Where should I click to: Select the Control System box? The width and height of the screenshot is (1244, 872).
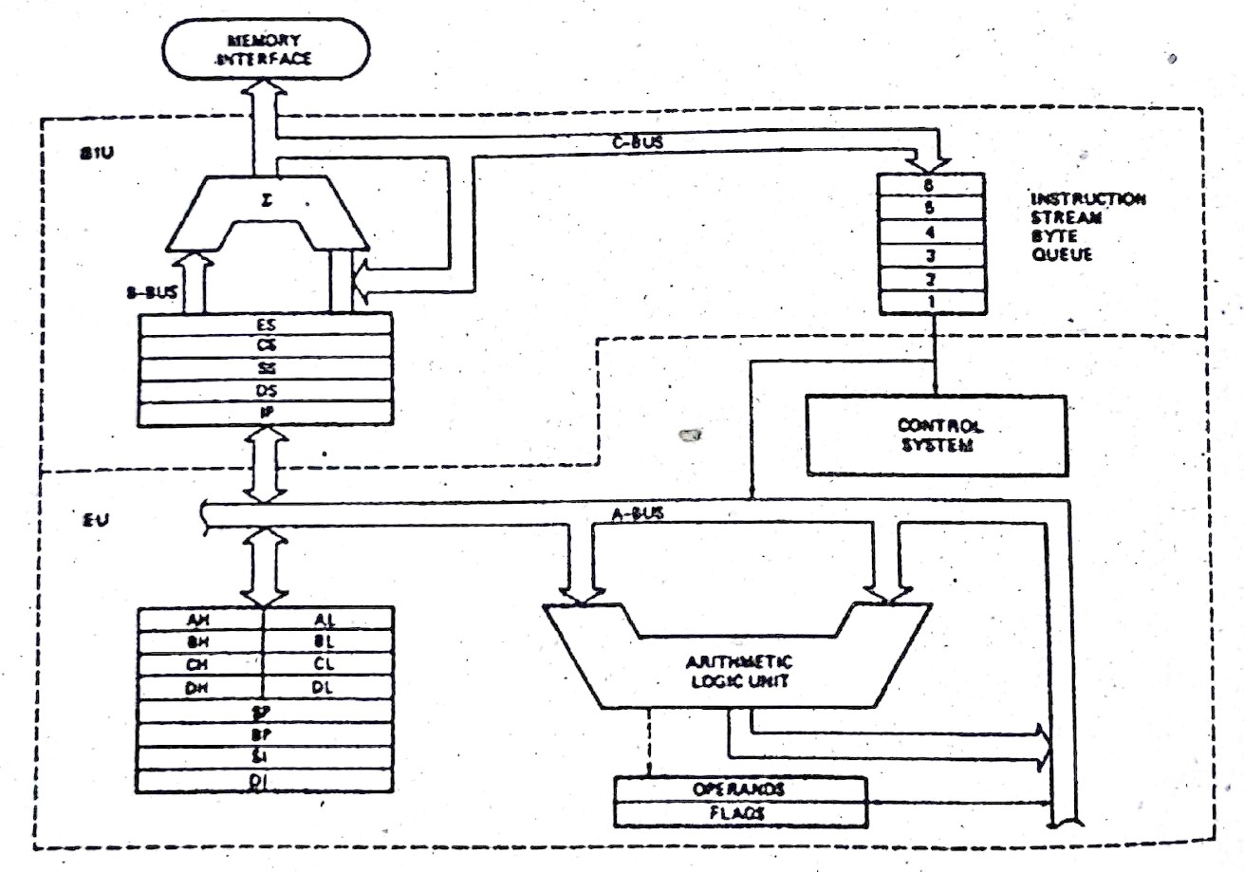(x=937, y=435)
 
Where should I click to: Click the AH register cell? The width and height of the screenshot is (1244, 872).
(x=199, y=618)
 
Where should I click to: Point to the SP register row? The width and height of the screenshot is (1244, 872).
(x=265, y=711)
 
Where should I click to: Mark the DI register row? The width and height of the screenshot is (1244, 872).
(x=265, y=780)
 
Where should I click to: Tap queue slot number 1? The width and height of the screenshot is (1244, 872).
(x=931, y=302)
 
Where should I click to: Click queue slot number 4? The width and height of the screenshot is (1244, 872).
(x=931, y=232)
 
